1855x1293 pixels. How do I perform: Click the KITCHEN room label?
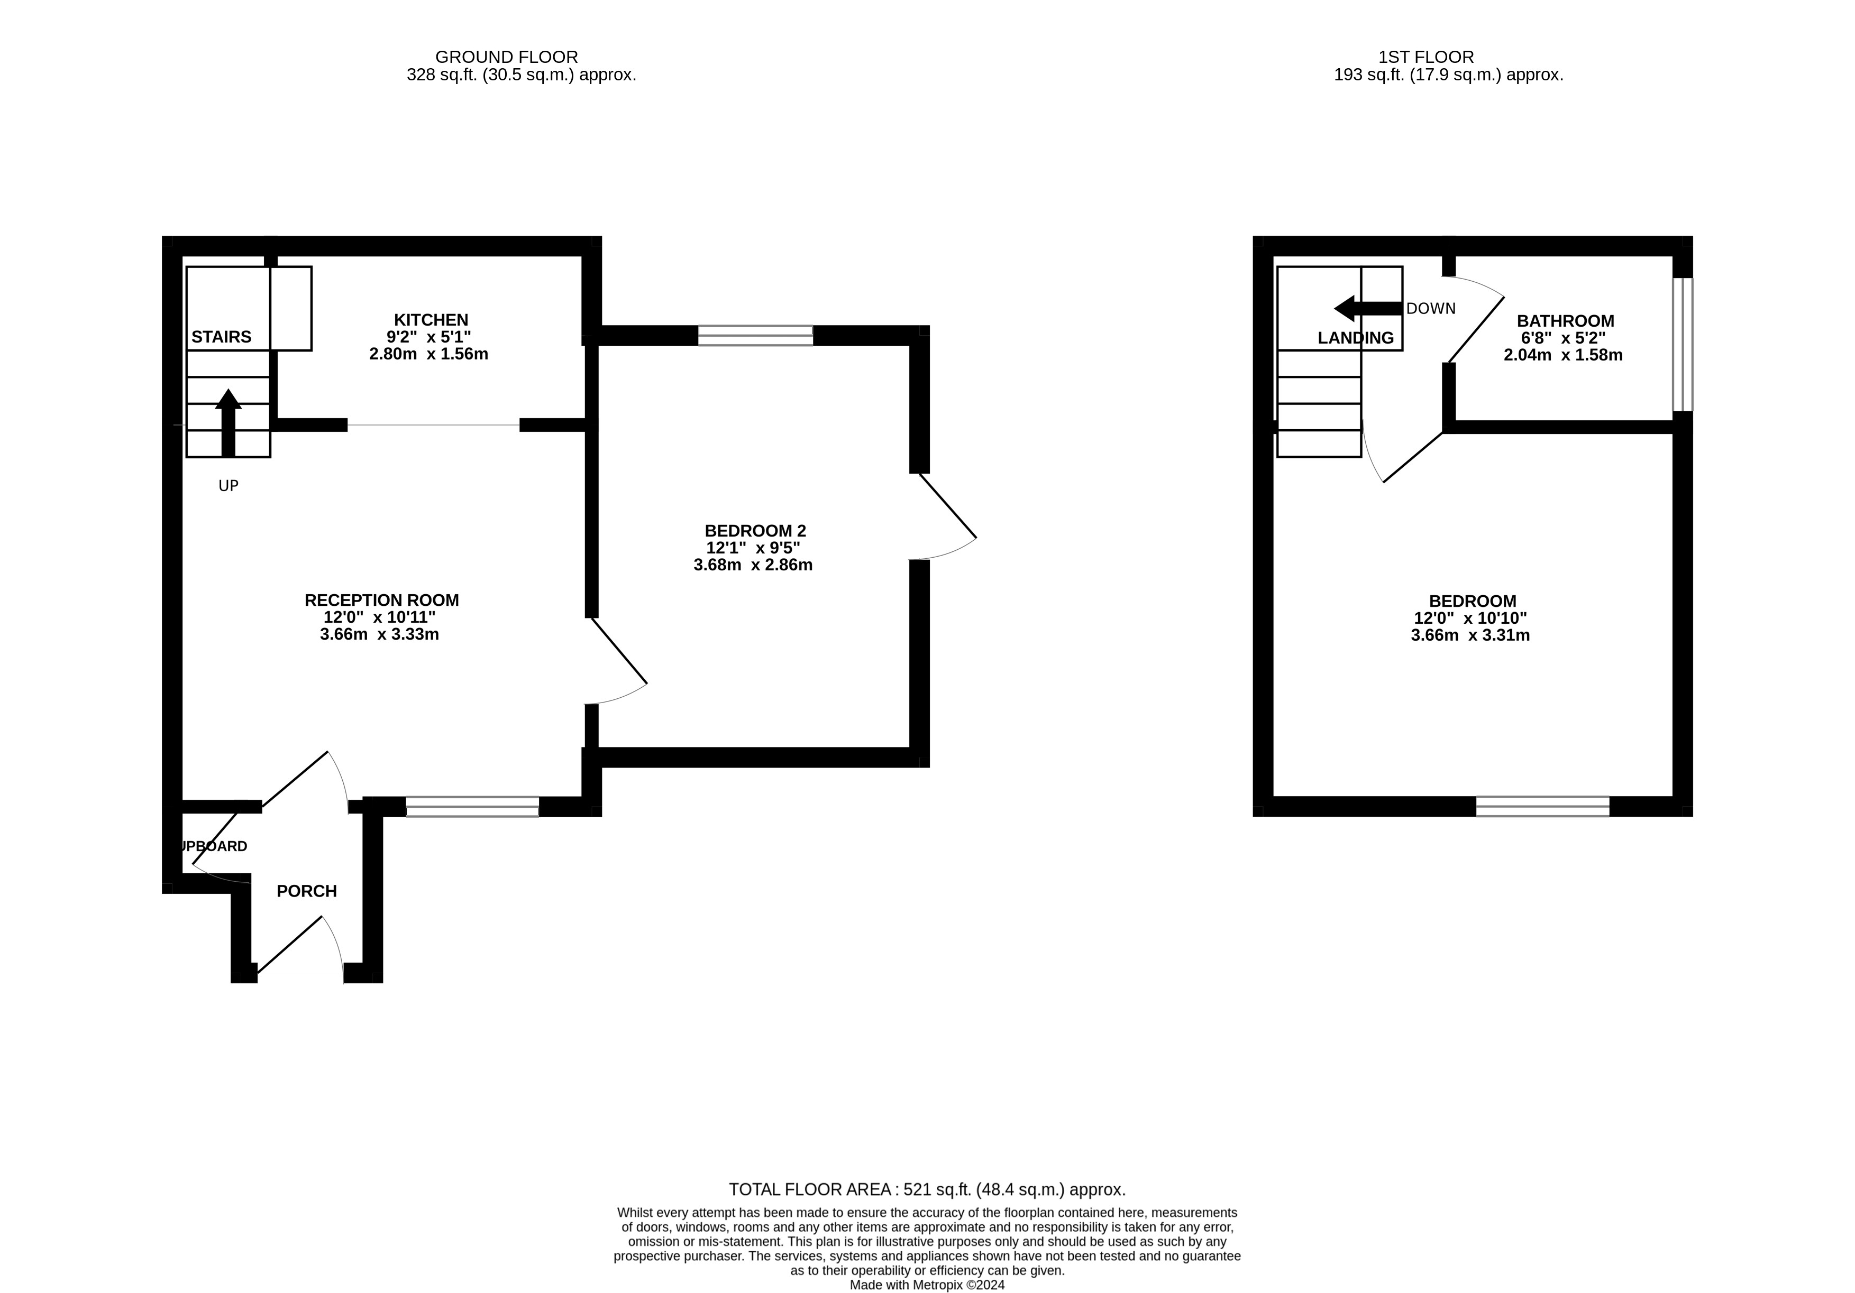(x=431, y=320)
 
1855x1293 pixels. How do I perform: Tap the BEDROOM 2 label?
(x=755, y=531)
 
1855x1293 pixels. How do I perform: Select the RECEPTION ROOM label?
(x=381, y=600)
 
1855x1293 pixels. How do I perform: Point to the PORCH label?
(x=306, y=891)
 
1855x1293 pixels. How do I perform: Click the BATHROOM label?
(x=1565, y=321)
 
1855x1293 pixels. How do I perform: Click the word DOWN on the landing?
(x=1431, y=309)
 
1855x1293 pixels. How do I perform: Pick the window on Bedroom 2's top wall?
(x=755, y=335)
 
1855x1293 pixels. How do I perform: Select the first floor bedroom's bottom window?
(x=1542, y=806)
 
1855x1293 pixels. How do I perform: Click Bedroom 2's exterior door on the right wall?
(x=945, y=517)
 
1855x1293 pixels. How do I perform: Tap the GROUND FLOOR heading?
(x=507, y=57)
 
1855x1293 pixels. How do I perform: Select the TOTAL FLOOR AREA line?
(x=927, y=1189)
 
